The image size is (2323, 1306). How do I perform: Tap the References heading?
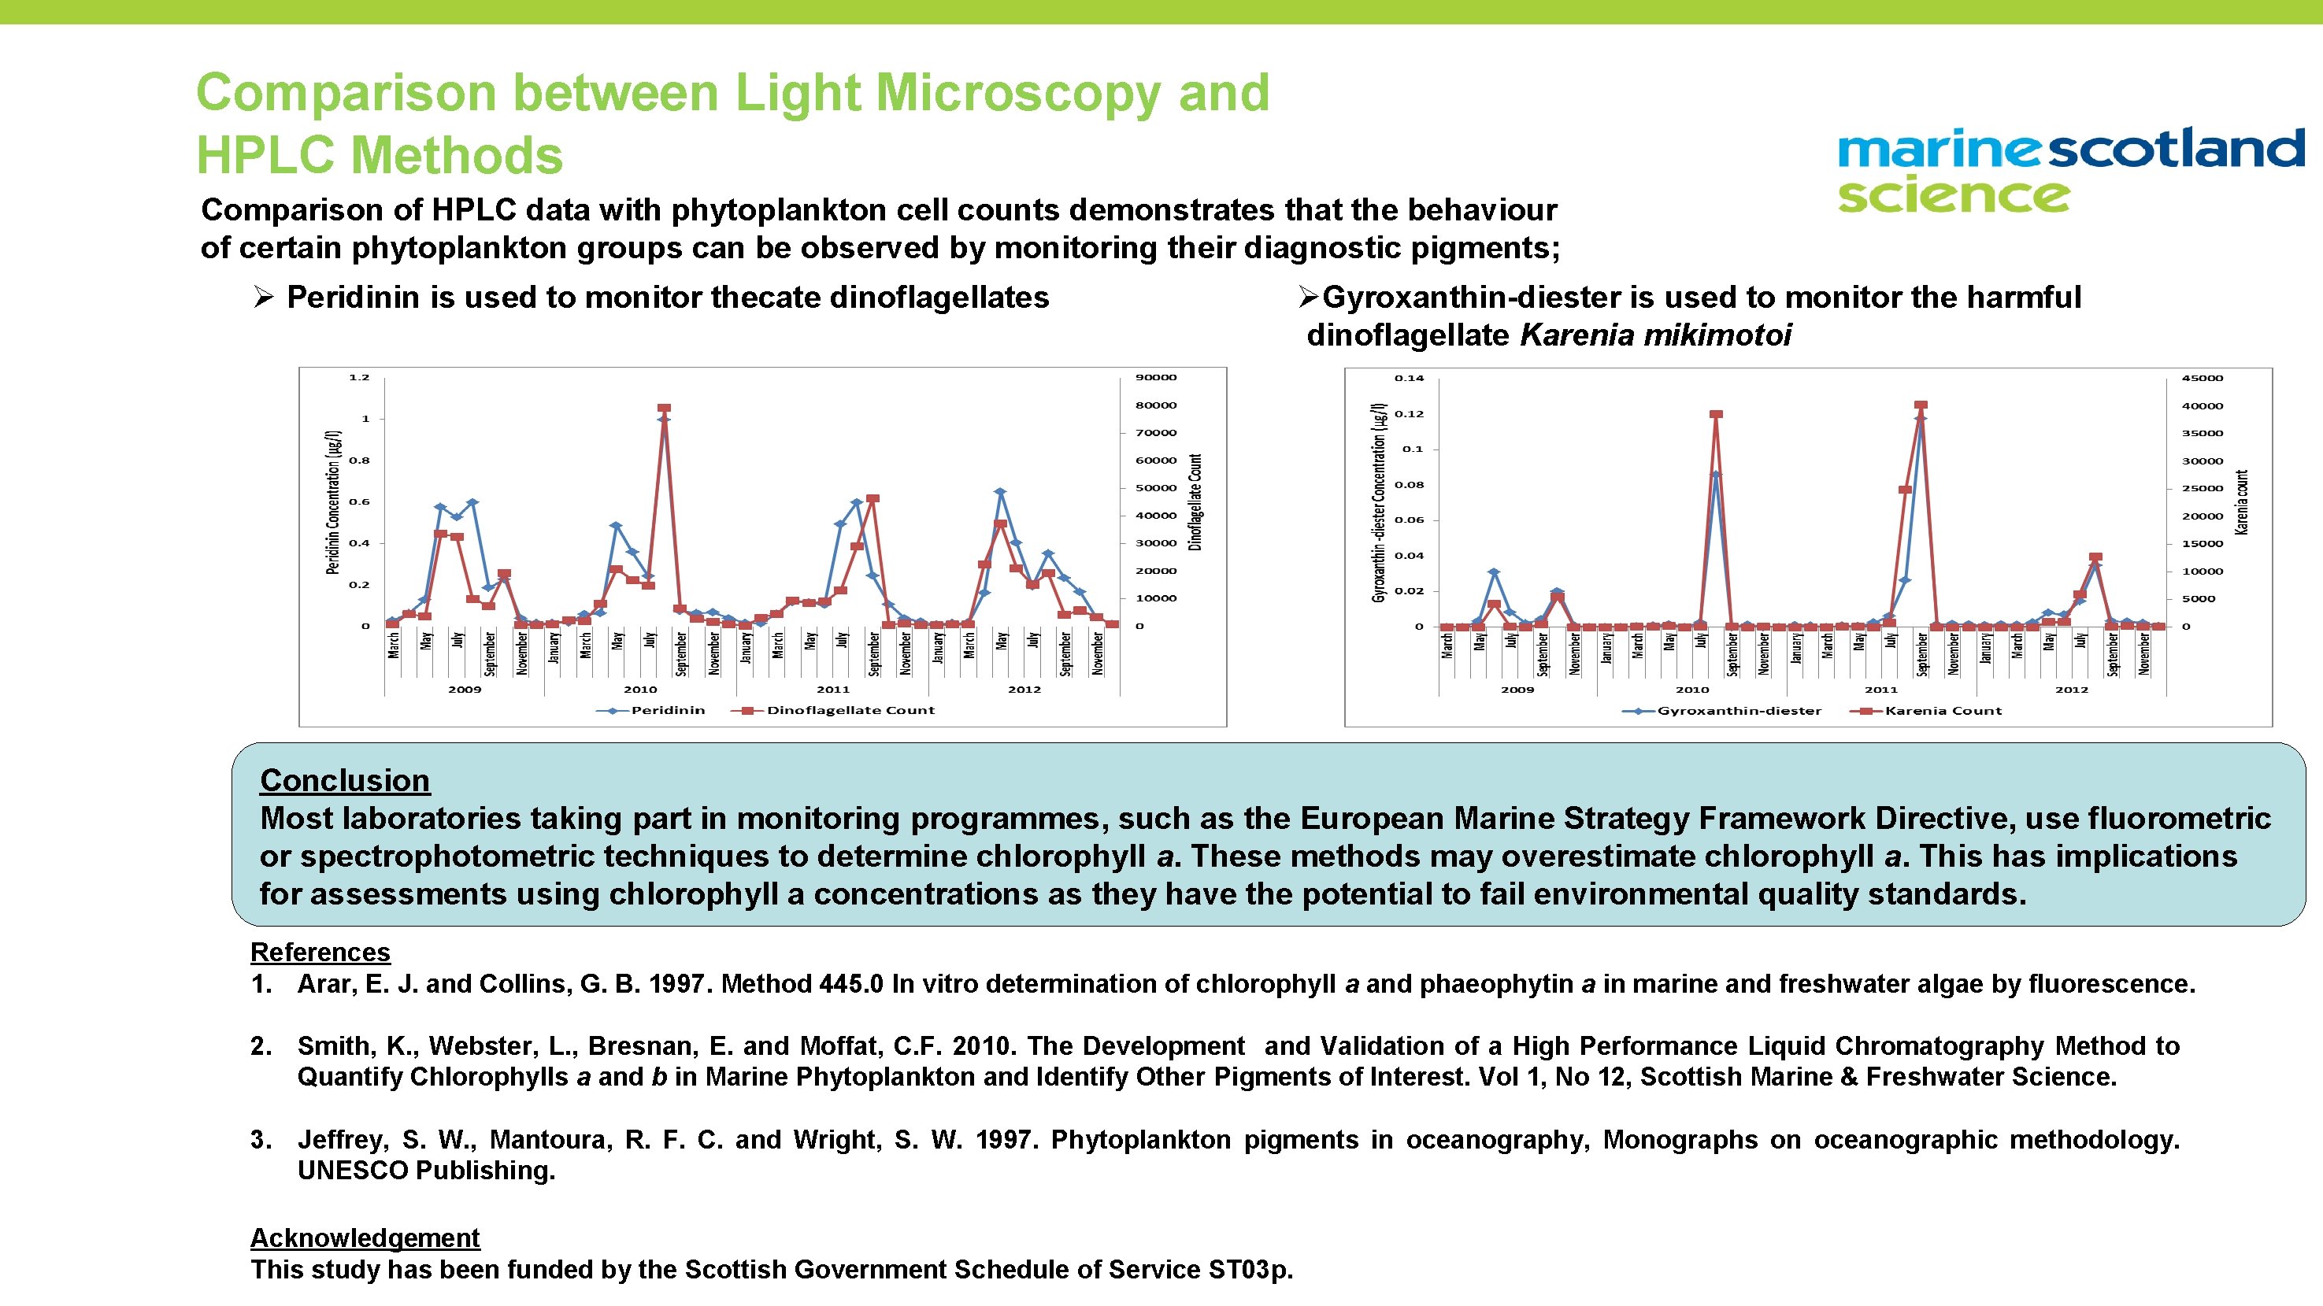coord(320,952)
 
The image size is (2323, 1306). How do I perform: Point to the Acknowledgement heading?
coord(365,1238)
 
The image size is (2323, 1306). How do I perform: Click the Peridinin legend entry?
coord(667,710)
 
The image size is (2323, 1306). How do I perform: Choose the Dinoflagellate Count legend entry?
coord(850,710)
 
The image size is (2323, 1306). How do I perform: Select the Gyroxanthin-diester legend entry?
coord(1739,710)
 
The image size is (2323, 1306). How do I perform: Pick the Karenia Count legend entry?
coord(1943,710)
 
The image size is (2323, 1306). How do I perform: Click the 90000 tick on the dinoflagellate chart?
coord(1155,378)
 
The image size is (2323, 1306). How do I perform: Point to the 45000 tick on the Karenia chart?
coord(2203,379)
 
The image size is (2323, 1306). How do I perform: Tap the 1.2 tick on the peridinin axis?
coord(359,378)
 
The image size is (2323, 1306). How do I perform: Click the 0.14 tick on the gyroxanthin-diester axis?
coord(1410,379)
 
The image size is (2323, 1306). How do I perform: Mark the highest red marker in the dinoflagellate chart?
coord(665,409)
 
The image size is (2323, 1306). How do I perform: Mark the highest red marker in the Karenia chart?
coord(1921,406)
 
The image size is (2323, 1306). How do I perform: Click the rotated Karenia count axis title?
coord(2242,502)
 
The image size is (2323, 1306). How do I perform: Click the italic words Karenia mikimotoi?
coord(1656,335)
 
